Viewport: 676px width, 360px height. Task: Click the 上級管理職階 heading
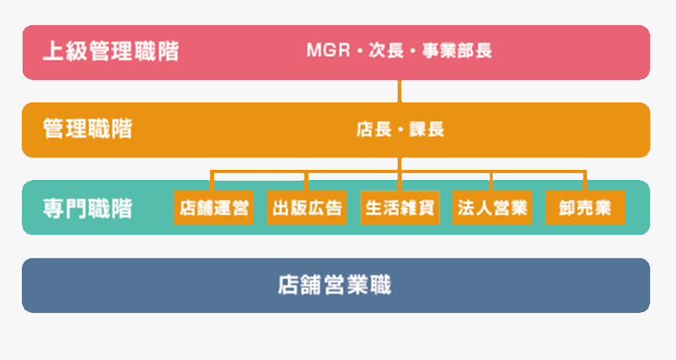[111, 51]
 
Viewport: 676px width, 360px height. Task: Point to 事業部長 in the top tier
[457, 50]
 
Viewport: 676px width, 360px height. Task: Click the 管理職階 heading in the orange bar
[87, 129]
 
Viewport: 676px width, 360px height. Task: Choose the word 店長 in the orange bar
[374, 130]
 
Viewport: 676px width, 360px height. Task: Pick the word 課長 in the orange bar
[427, 130]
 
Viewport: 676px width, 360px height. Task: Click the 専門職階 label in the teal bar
[87, 209]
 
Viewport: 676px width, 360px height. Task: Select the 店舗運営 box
[214, 208]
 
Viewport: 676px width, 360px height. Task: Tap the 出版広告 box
[307, 208]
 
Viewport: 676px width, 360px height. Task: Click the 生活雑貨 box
[399, 208]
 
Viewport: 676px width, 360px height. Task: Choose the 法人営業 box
[492, 208]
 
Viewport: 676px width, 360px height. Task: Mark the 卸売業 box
[585, 208]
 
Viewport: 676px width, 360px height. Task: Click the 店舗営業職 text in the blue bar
[335, 285]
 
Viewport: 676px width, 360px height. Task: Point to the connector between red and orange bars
[399, 91]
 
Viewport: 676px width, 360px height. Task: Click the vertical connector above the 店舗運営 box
[212, 181]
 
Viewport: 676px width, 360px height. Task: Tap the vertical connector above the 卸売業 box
[584, 181]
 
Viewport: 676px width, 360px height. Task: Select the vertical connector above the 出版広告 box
[306, 181]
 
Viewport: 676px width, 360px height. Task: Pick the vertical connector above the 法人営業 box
[491, 181]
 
